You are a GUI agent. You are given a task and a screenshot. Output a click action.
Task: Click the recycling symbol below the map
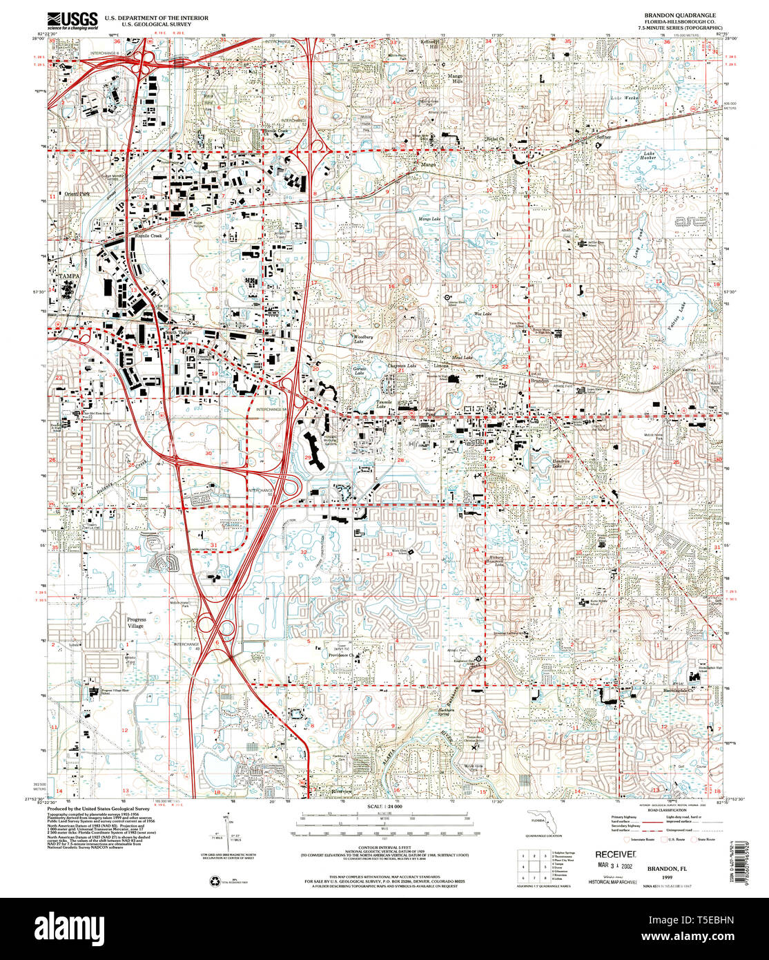[212, 880]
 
